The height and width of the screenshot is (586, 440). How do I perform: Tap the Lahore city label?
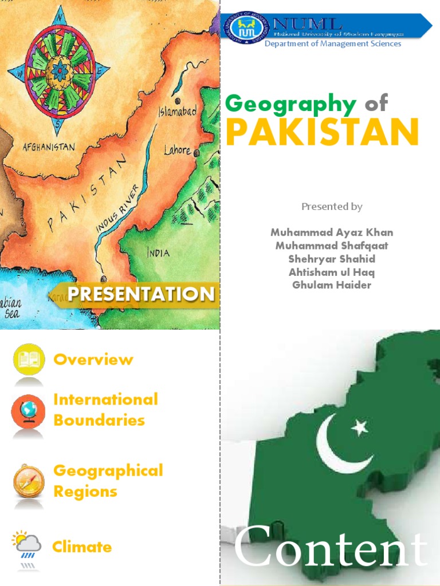pos(177,151)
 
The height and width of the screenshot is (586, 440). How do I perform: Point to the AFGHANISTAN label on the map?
pos(49,147)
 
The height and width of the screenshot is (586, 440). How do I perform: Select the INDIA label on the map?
pos(158,252)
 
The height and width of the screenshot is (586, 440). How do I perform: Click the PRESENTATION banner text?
pos(141,294)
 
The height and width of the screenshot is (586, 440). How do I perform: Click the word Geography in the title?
pos(291,104)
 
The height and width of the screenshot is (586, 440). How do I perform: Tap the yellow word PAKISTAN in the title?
pos(322,132)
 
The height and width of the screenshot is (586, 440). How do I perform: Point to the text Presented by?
pos(332,207)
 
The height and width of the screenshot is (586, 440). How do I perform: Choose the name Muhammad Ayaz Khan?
pos(332,232)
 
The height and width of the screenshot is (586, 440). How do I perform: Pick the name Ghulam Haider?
pos(332,285)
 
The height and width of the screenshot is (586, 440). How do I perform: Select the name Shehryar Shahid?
pos(332,259)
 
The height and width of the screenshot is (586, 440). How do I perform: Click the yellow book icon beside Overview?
pos(29,359)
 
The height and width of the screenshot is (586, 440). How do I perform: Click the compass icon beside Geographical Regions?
pos(29,481)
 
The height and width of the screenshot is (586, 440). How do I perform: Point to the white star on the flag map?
pos(359,426)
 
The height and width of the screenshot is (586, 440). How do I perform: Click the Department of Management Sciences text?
pos(332,44)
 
